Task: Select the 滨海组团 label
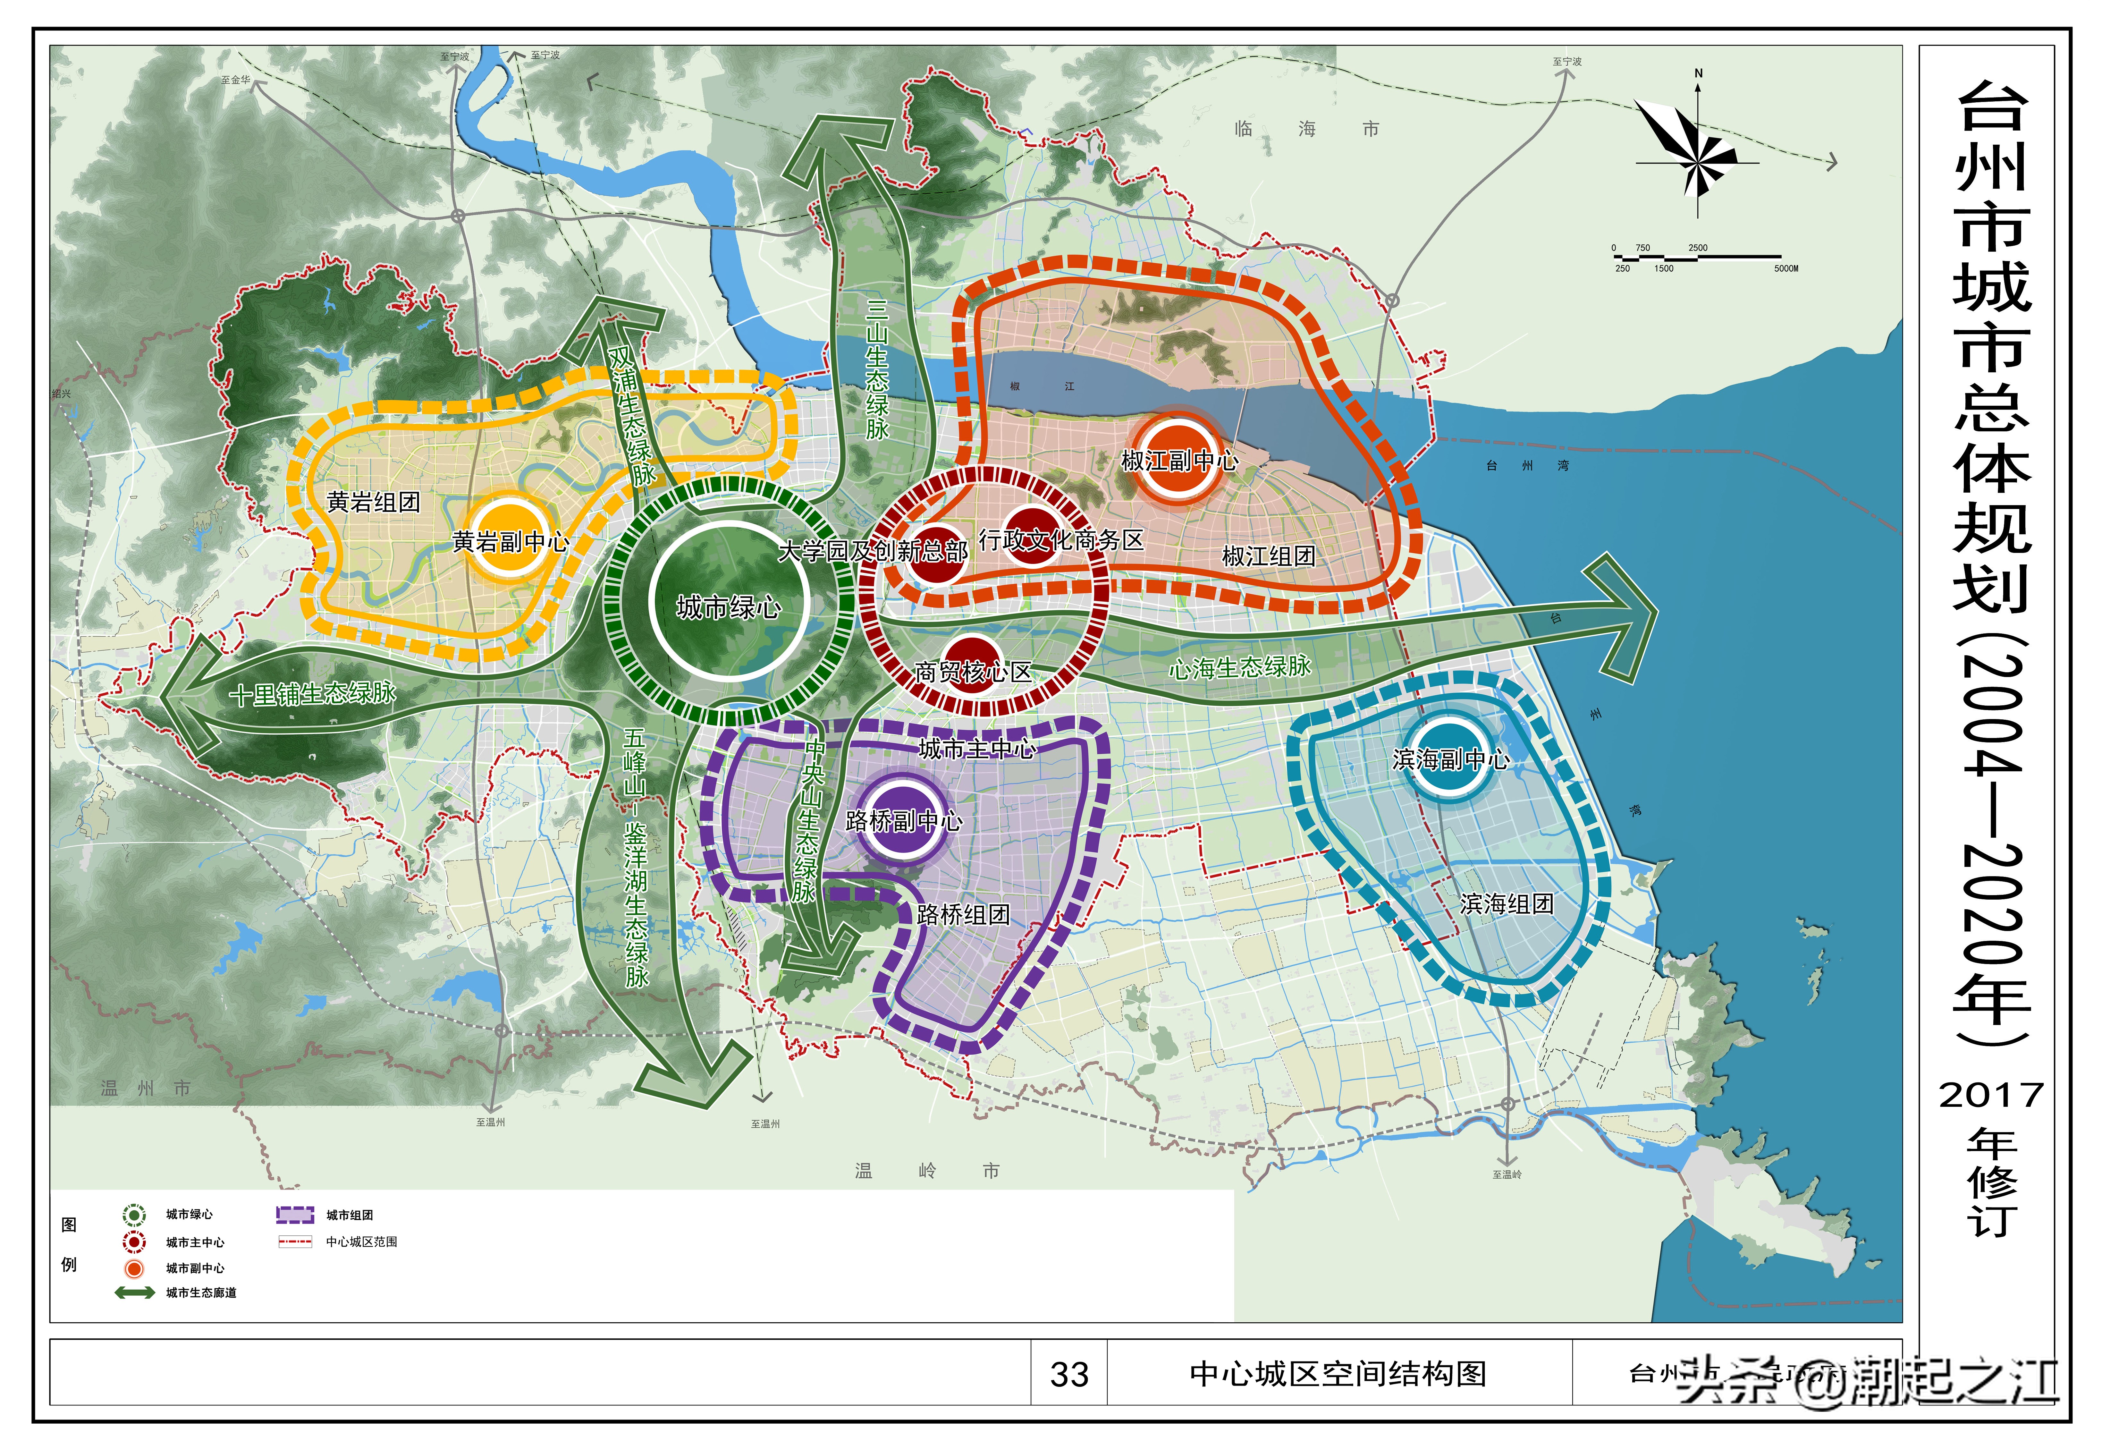click(x=1507, y=903)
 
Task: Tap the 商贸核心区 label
click(x=973, y=672)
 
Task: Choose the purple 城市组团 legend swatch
click(x=295, y=1215)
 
